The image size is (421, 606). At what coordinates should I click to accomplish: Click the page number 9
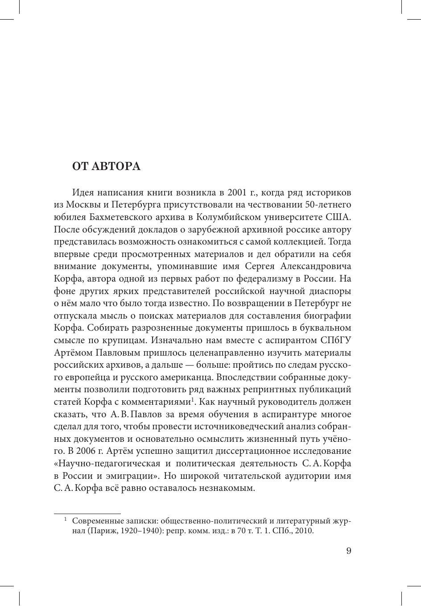(x=349, y=551)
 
